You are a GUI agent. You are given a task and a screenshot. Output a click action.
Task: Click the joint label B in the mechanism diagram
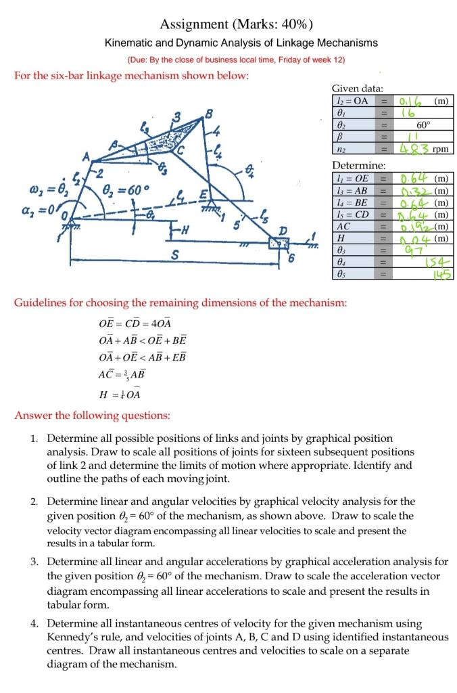click(209, 112)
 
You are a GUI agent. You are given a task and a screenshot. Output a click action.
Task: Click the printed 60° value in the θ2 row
click(423, 125)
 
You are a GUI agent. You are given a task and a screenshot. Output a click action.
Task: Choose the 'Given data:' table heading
click(357, 89)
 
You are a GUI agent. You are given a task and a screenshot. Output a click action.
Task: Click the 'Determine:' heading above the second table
click(359, 165)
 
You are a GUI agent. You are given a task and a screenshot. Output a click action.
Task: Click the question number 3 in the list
click(34, 562)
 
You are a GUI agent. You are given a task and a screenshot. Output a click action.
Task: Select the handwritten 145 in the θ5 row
click(443, 275)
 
